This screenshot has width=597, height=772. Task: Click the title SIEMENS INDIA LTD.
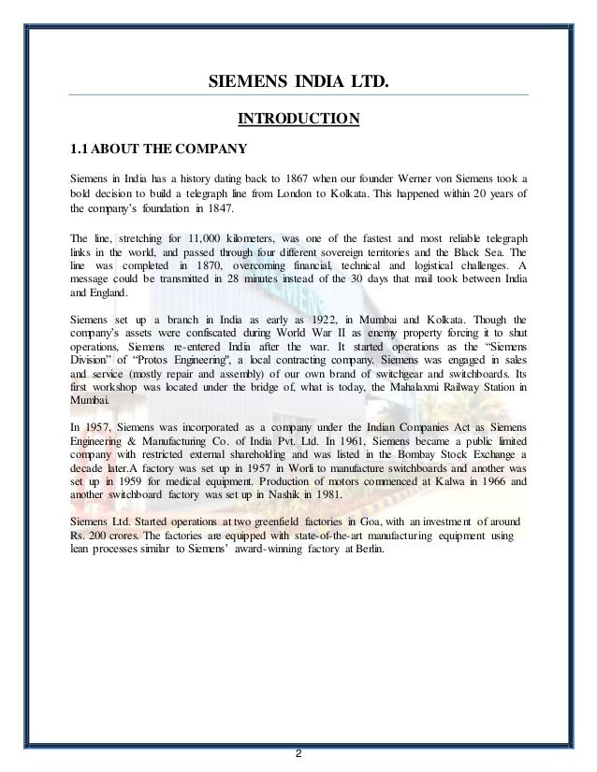click(x=298, y=88)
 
